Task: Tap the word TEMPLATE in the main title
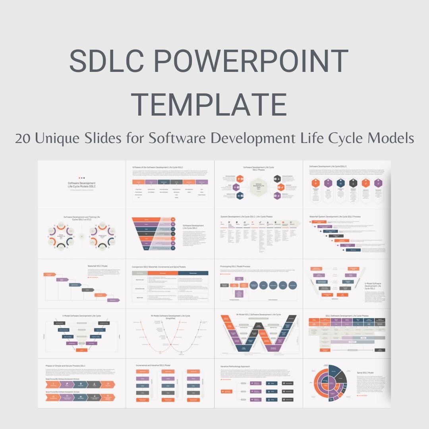tap(209, 104)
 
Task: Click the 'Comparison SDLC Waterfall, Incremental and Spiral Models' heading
tap(159, 267)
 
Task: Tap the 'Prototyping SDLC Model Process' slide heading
tap(235, 267)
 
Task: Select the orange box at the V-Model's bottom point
tap(82, 350)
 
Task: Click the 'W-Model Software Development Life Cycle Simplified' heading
tap(170, 317)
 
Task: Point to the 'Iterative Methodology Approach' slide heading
tap(235, 366)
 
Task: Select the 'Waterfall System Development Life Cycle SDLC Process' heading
tap(335, 217)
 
